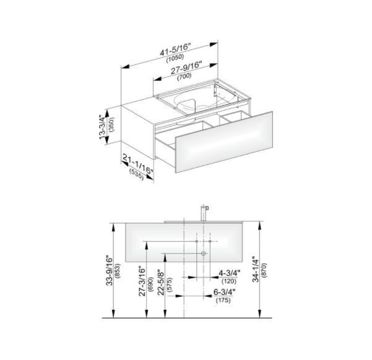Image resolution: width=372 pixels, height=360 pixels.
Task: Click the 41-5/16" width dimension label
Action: coord(175,50)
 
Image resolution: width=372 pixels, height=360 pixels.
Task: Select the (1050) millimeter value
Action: coord(175,58)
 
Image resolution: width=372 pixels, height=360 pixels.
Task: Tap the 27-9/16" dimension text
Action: coord(186,68)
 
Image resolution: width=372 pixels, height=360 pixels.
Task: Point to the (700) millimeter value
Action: coord(184,76)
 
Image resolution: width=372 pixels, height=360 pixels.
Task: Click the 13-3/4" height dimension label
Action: coord(102,127)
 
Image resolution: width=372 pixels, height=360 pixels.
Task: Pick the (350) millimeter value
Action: coord(111,125)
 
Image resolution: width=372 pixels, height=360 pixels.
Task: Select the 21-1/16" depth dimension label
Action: coord(138,164)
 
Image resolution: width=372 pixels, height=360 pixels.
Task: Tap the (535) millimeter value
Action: coord(137,174)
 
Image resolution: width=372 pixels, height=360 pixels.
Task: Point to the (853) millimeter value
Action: coord(118,271)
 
